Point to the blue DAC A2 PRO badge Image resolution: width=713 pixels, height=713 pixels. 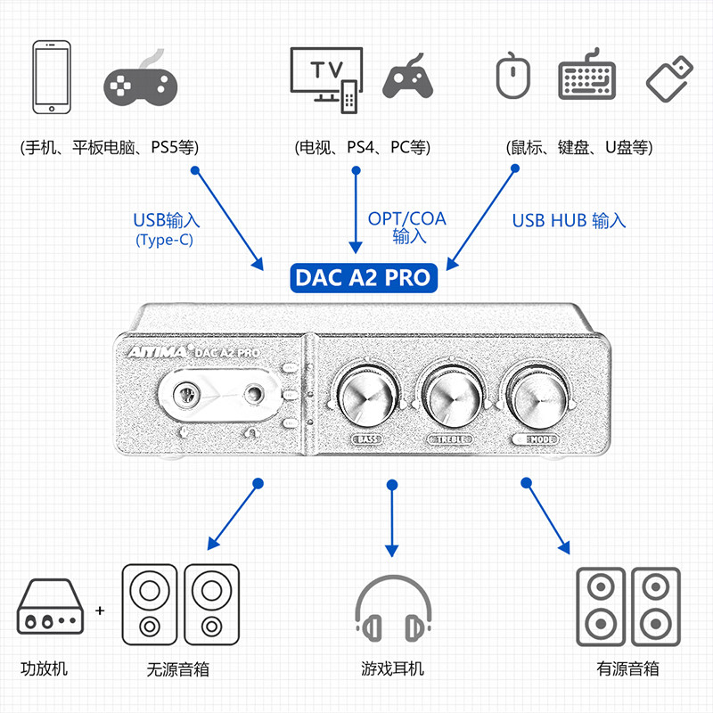(362, 277)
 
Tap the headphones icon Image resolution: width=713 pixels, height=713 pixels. (392, 611)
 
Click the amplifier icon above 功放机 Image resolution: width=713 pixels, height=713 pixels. (53, 609)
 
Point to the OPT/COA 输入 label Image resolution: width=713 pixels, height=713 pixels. (407, 227)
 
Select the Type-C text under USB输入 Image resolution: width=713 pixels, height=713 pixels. (165, 240)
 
